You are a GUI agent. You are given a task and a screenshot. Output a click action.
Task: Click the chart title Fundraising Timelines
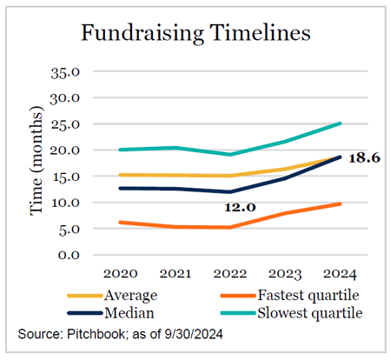[x=195, y=33]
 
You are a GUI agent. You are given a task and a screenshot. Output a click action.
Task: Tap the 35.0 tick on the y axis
[x=65, y=72]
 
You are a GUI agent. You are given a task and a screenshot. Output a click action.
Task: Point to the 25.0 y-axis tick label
[x=65, y=124]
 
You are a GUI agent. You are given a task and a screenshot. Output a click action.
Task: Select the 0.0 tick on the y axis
[x=69, y=256]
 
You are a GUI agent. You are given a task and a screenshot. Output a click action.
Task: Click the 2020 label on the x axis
[x=120, y=274]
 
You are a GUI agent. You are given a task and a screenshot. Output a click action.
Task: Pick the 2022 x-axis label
[x=230, y=274]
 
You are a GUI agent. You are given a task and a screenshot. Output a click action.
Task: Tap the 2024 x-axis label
[x=340, y=274]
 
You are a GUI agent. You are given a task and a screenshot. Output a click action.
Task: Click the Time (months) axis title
[x=36, y=161]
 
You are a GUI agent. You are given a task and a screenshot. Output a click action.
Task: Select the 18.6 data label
[x=364, y=158]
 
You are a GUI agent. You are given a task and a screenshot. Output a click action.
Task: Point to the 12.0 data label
[x=240, y=207]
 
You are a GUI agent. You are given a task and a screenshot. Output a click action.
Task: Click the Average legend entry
[x=113, y=296]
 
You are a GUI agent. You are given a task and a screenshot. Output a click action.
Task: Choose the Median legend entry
[x=111, y=313]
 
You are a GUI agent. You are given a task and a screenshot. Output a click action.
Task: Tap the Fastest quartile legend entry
[x=290, y=296]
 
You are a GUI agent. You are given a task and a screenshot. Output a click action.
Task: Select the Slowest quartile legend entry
[x=292, y=313]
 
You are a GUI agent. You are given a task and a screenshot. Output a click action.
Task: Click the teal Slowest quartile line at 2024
[x=340, y=123]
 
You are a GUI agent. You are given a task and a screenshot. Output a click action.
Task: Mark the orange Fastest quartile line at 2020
[x=121, y=223]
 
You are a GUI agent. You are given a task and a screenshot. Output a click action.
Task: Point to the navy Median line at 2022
[x=230, y=191]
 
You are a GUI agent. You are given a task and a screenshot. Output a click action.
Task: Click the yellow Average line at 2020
[x=121, y=175]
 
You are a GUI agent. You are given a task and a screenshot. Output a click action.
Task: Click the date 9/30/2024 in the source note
[x=194, y=334]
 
